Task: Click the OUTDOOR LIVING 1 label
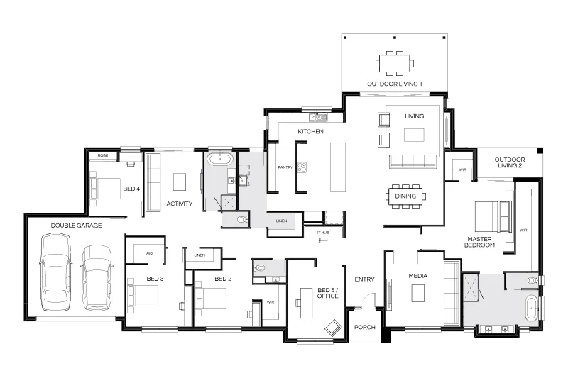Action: click(x=395, y=84)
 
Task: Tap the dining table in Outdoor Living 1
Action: click(x=395, y=63)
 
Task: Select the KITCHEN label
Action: click(x=310, y=132)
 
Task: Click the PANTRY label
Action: click(x=285, y=167)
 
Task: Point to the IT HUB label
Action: click(x=323, y=233)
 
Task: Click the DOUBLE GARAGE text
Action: click(x=76, y=226)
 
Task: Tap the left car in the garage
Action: click(x=55, y=272)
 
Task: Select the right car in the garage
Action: click(x=97, y=278)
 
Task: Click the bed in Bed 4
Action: click(x=105, y=189)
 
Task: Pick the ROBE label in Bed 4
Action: click(x=103, y=155)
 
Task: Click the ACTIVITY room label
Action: click(x=180, y=204)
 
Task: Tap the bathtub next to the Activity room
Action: click(x=220, y=159)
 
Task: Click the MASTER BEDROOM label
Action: click(x=480, y=242)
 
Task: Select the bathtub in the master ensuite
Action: click(x=531, y=308)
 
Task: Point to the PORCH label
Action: click(x=365, y=328)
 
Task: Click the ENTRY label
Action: click(x=364, y=279)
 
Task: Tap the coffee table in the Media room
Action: click(x=418, y=293)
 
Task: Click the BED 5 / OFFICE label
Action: click(x=328, y=293)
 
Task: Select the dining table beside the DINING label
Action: click(x=405, y=196)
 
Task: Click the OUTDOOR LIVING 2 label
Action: click(x=510, y=162)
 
